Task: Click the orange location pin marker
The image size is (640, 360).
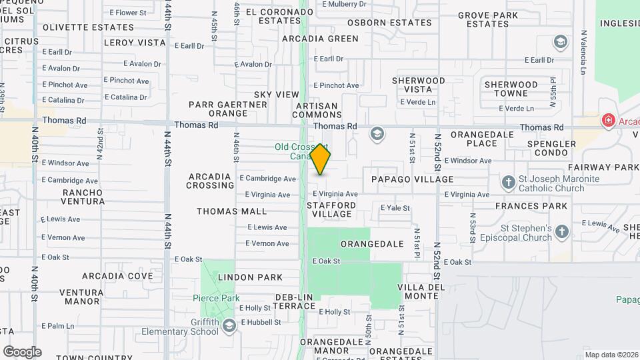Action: [320, 159]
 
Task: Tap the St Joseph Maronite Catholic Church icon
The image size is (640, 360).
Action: [508, 182]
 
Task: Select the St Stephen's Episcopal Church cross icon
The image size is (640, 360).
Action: [561, 231]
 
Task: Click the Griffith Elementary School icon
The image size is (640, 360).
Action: [229, 325]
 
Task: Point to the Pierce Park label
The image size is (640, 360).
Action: [215, 298]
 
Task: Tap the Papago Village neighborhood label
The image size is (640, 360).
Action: [412, 179]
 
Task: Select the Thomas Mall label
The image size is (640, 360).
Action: [231, 211]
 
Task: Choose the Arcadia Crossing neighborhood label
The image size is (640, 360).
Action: [209, 181]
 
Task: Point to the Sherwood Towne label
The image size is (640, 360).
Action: [511, 89]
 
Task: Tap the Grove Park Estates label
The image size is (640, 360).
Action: [488, 19]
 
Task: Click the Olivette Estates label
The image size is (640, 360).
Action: [88, 27]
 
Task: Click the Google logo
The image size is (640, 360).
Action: [22, 352]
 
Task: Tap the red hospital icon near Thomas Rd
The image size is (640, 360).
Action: [607, 121]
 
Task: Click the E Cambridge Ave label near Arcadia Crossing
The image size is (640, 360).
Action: [267, 179]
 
